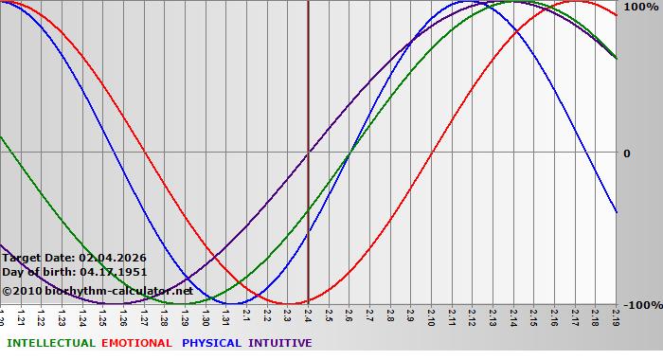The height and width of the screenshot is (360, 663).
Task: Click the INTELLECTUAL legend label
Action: click(51, 343)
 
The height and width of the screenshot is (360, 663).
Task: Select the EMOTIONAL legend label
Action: click(136, 343)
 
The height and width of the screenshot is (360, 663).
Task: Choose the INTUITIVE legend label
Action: click(279, 343)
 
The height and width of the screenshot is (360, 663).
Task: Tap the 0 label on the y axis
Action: click(626, 153)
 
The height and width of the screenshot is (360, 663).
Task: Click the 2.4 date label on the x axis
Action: click(308, 315)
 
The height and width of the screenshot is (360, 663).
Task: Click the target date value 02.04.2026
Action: click(113, 258)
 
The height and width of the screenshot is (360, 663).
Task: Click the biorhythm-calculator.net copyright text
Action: click(97, 291)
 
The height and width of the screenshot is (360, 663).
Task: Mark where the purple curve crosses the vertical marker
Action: click(308, 153)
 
